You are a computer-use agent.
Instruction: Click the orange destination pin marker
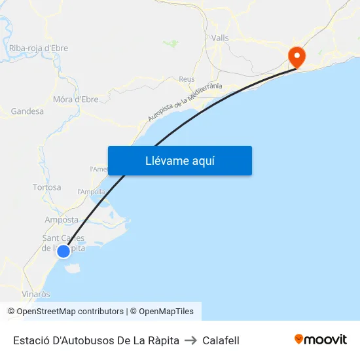click(297, 57)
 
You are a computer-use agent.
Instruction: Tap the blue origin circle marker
click(63, 251)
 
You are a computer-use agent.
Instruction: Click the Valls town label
click(220, 38)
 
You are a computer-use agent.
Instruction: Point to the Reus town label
click(187, 79)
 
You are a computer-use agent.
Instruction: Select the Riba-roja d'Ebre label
click(39, 48)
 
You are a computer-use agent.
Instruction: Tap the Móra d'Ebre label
click(75, 99)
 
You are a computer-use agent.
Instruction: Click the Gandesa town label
click(27, 111)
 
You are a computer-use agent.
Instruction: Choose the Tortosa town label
click(47, 187)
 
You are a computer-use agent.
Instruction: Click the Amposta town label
click(62, 220)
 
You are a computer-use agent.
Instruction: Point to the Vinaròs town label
click(36, 294)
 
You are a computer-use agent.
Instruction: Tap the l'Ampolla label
click(91, 192)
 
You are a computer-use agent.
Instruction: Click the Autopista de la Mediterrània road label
click(185, 102)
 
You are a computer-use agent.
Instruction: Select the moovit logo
click(321, 339)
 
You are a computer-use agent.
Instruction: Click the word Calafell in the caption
click(221, 340)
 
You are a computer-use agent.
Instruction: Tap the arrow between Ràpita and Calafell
click(190, 340)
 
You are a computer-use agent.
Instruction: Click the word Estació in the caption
click(30, 340)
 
